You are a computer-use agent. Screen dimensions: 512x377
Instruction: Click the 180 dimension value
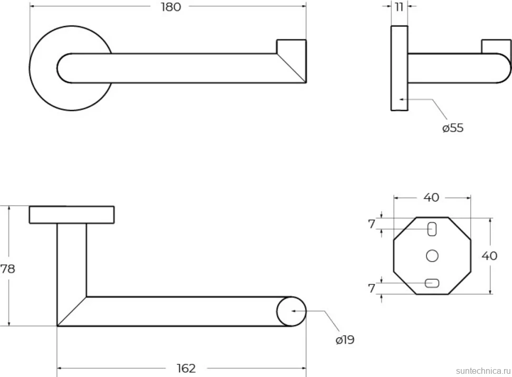click(171, 7)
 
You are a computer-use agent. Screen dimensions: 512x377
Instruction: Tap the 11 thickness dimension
click(399, 7)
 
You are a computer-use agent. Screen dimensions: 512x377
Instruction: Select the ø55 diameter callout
click(453, 128)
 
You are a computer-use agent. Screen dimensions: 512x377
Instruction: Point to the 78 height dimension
click(7, 269)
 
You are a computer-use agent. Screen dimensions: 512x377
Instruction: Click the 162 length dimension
click(186, 368)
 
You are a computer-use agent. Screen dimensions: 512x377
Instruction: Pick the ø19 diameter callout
click(345, 340)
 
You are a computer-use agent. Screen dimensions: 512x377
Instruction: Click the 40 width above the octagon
click(431, 197)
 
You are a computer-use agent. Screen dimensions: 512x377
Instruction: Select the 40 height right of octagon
click(489, 256)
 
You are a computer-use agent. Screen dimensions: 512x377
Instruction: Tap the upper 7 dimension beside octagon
click(372, 224)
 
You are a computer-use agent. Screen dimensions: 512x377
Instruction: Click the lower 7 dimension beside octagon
click(372, 288)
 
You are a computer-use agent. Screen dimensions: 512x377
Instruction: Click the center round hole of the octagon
click(432, 256)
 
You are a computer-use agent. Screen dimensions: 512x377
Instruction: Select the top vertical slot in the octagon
click(432, 229)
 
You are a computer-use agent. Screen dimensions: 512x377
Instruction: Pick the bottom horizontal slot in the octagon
click(432, 283)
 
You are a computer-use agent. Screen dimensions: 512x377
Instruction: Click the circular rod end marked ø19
click(291, 311)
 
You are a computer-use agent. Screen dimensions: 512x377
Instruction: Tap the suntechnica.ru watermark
click(483, 371)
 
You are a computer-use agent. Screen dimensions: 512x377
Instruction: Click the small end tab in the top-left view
click(291, 46)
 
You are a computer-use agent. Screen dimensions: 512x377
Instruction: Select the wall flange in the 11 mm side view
click(400, 68)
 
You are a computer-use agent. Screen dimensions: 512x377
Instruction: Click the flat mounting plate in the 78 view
click(72, 215)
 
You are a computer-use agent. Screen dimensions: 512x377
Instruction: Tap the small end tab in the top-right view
click(496, 46)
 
